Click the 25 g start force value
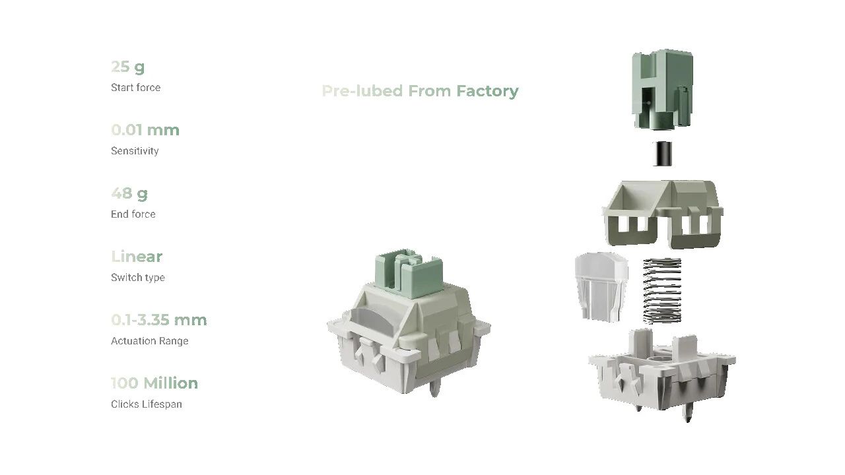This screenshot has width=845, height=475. [128, 67]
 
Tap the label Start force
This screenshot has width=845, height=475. [136, 88]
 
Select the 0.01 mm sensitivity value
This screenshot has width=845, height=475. [145, 130]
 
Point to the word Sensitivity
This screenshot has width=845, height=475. [135, 151]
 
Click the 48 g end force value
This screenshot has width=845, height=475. [129, 194]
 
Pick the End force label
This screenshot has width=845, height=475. [133, 214]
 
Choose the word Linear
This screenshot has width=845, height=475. [137, 257]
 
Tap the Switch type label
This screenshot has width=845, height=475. [138, 278]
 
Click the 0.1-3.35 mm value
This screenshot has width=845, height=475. [159, 320]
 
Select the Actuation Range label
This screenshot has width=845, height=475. [150, 341]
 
